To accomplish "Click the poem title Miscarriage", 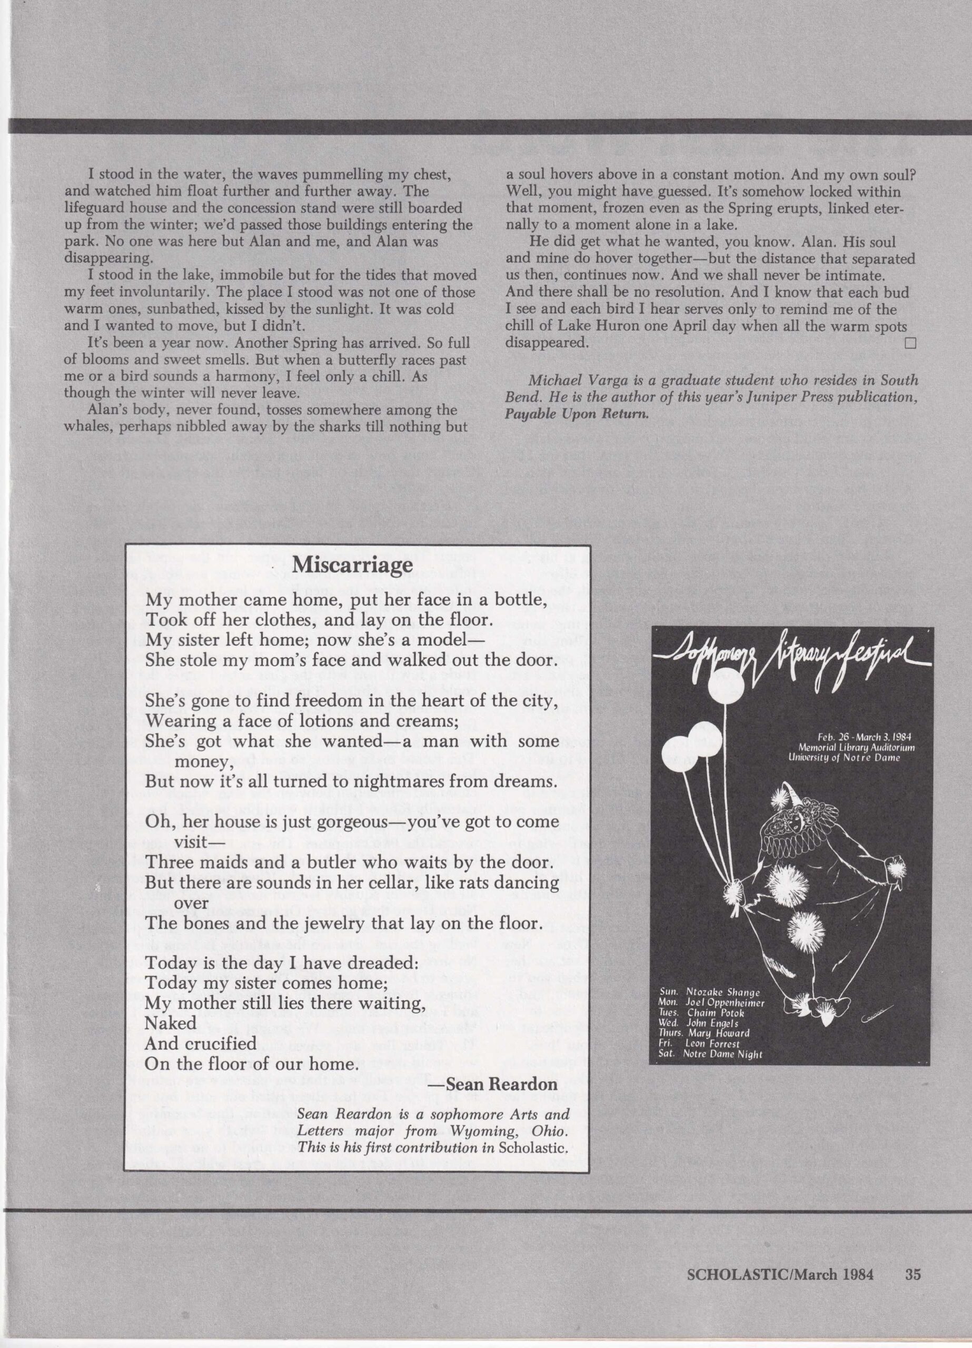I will click(353, 564).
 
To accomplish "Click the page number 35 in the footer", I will click(913, 1270).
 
